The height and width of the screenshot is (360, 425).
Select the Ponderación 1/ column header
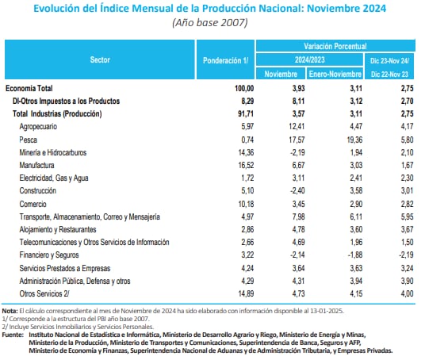pyautogui.click(x=226, y=59)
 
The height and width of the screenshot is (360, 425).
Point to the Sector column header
pyautogui.click(x=99, y=59)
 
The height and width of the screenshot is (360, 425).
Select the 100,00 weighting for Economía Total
pyautogui.click(x=240, y=89)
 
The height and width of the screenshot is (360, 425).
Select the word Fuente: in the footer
pyautogui.click(x=13, y=335)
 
